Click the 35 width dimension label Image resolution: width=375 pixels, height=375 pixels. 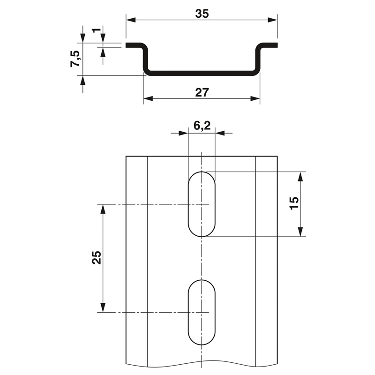(202, 14)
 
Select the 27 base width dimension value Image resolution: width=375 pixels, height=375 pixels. (202, 92)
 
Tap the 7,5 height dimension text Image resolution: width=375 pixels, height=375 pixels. (76, 59)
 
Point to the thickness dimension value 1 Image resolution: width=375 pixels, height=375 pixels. (96, 30)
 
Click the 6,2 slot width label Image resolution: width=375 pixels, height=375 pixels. (202, 125)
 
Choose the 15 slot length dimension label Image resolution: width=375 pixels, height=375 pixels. (294, 203)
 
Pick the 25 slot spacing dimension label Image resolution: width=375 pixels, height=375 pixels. (97, 257)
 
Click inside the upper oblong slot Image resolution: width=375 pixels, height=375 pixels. (202, 204)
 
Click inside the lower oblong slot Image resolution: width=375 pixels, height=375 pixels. (202, 312)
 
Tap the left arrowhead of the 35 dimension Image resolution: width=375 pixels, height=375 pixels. (131, 20)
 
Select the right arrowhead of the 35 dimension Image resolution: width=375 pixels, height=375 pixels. (272, 20)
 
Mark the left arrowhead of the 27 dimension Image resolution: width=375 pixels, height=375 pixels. (148, 98)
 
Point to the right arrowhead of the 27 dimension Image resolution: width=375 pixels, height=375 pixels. (255, 98)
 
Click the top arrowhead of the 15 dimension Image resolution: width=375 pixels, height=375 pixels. (300, 177)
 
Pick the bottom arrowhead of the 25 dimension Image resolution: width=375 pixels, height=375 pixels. (103, 307)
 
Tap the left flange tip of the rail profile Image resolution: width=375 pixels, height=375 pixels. (126, 45)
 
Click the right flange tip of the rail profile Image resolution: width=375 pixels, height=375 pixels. (277, 45)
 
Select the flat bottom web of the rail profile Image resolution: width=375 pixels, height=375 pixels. (202, 73)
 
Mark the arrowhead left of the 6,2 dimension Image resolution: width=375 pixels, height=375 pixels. (183, 133)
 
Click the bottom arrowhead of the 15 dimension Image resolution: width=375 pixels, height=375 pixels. (300, 232)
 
